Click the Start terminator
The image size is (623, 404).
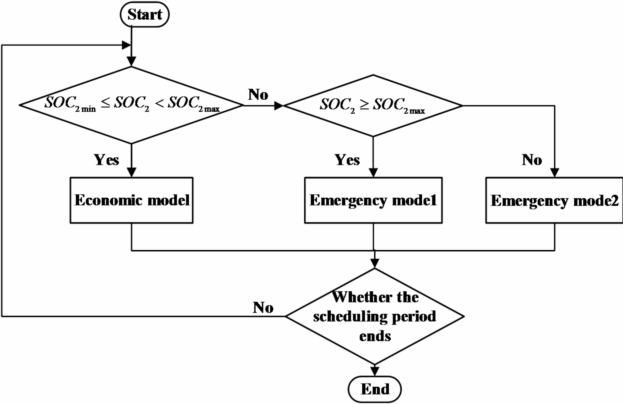point(145,15)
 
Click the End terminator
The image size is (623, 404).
point(374,389)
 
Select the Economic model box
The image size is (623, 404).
point(132,200)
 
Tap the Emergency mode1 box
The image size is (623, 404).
point(373,200)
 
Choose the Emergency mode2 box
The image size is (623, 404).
point(554,200)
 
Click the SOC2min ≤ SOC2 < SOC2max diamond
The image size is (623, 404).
point(132,105)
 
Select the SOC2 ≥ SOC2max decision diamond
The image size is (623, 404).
point(373,105)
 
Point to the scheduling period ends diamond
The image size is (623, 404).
point(374,316)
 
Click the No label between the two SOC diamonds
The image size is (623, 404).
point(258,94)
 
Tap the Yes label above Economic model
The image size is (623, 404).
point(106,160)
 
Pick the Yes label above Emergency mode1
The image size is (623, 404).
point(347,160)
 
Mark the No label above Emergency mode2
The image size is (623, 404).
point(532,160)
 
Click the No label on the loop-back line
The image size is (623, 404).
point(263,307)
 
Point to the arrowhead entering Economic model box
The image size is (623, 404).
point(132,173)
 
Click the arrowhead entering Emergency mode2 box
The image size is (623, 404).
point(554,173)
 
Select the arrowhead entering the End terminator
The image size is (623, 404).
point(375,371)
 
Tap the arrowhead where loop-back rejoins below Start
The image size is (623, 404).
point(126,45)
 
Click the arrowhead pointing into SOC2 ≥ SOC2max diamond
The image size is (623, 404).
point(278,106)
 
